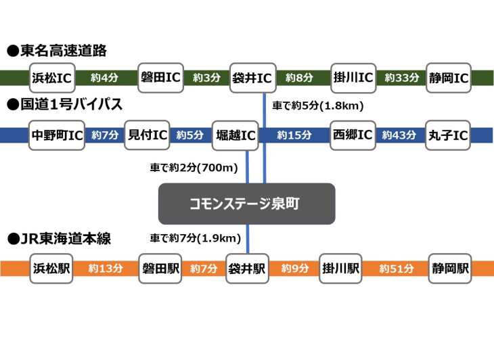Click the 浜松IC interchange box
click(52, 78)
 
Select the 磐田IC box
click(160, 78)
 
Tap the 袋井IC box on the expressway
click(253, 78)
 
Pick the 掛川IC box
click(353, 78)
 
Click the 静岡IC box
click(449, 78)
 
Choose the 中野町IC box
click(57, 135)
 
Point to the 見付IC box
click(147, 135)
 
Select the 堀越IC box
click(235, 135)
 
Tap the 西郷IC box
click(353, 135)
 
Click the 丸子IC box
click(448, 135)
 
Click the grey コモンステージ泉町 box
click(247, 204)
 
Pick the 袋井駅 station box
click(247, 269)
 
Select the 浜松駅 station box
click(51, 269)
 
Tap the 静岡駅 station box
click(450, 269)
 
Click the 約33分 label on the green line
click(402, 78)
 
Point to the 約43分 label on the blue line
click(399, 135)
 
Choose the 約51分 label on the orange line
click(397, 269)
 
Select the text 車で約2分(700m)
click(194, 168)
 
